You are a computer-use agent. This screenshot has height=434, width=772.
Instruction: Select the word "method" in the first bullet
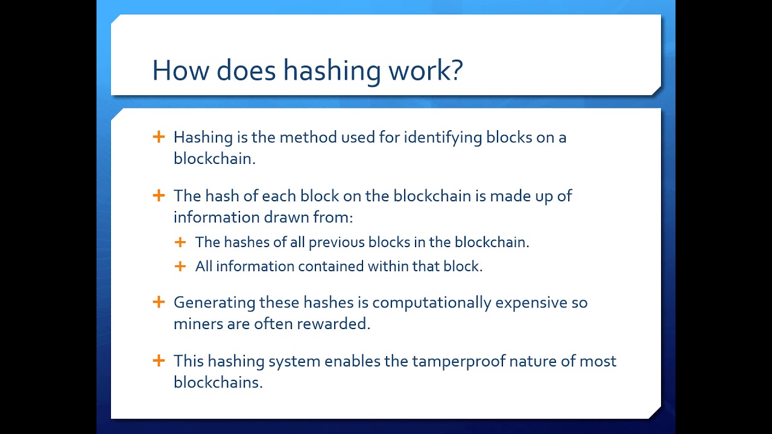[308, 137]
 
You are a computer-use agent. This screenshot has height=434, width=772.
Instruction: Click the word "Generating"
[214, 303]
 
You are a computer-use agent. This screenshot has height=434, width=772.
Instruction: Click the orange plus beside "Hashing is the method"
[159, 137]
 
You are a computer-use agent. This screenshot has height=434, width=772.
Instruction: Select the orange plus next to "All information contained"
[180, 266]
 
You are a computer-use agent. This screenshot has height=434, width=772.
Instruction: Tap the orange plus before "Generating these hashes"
[159, 302]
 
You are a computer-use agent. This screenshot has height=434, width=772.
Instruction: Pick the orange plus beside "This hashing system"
[159, 360]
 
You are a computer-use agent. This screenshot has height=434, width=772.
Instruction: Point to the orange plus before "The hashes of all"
[180, 242]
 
